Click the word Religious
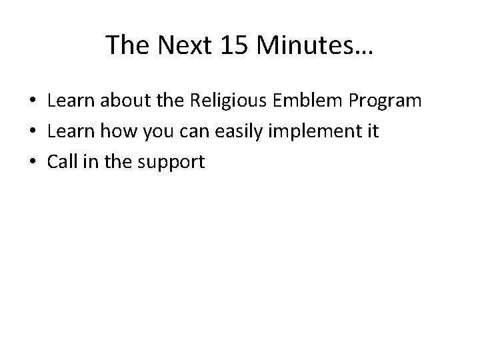tap(233, 101)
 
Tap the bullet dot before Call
tap(33, 161)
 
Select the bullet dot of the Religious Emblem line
tap(33, 101)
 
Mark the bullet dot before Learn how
tap(33, 131)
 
